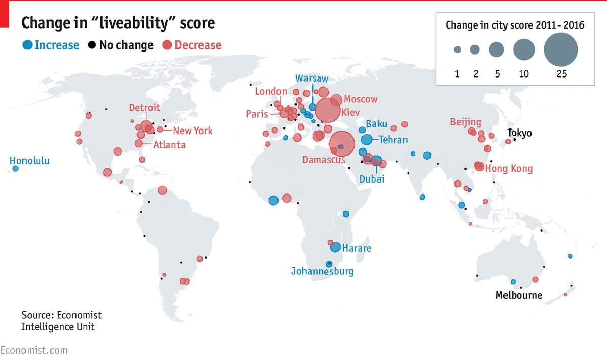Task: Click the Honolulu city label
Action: coord(30,161)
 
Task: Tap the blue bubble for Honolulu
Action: coord(15,169)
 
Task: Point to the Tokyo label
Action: coord(519,133)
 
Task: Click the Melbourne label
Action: coord(519,295)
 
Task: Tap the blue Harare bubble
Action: coord(335,247)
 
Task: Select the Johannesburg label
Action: coord(322,271)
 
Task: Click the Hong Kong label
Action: coord(509,169)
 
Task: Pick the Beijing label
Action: coord(466,122)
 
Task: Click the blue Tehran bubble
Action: coord(367,140)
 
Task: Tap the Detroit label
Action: coord(144,108)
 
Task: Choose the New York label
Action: coord(193,131)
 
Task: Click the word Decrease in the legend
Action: coord(198,45)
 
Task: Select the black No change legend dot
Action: coord(92,45)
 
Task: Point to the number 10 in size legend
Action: coord(524,74)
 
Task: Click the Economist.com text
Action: coord(34,350)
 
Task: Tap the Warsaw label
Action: coord(312,79)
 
